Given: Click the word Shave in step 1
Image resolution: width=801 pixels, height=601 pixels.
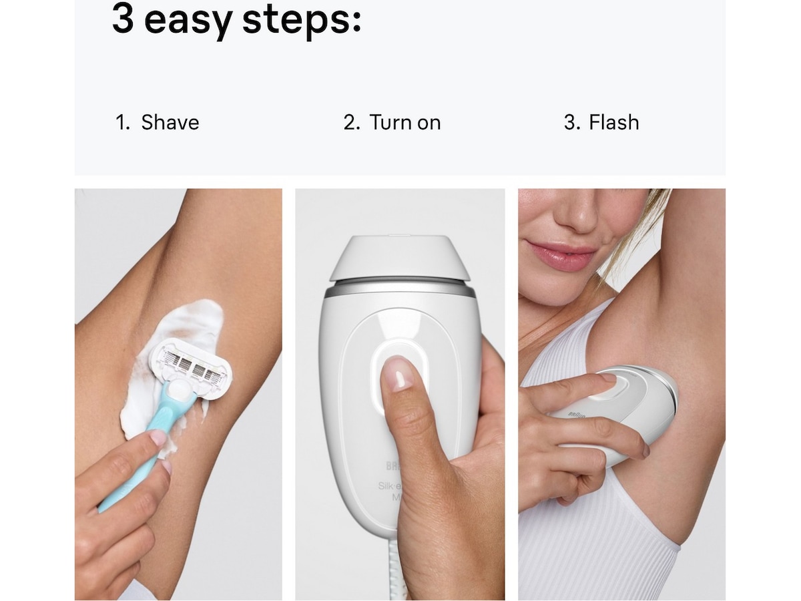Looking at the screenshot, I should [170, 123].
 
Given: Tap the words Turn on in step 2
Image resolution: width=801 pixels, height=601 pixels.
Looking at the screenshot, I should [405, 123].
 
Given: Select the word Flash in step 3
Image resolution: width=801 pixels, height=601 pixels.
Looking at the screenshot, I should [613, 123].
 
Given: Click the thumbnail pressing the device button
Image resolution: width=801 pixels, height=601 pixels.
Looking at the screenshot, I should [399, 373].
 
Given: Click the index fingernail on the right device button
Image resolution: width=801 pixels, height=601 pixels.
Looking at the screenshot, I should [608, 378].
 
